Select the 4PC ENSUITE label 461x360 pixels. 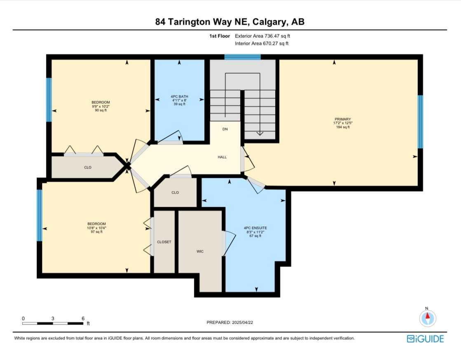(x=253, y=227)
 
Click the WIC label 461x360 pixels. (x=200, y=251)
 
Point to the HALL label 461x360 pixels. (x=222, y=157)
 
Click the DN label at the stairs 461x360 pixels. (x=225, y=129)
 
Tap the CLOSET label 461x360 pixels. (x=164, y=242)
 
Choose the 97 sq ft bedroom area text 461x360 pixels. (x=97, y=232)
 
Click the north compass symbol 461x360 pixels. (x=427, y=318)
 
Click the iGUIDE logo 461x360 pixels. (x=425, y=339)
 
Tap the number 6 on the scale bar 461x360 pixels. (x=83, y=318)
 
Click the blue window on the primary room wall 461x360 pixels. (x=420, y=122)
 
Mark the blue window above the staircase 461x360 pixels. (x=242, y=57)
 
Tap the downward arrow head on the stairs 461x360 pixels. (x=260, y=133)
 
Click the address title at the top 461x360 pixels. (x=230, y=22)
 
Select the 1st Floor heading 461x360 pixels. (x=219, y=36)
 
